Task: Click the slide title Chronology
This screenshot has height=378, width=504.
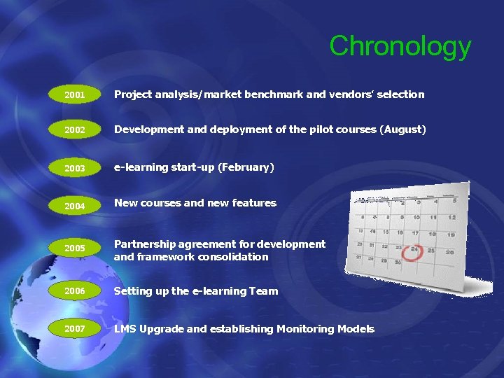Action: coord(400,46)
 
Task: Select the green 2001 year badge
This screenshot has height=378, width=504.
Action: coord(74,94)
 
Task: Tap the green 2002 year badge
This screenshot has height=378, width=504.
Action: coord(74,130)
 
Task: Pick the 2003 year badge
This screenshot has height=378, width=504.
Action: coord(74,168)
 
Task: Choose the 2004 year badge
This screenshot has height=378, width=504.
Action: coord(74,206)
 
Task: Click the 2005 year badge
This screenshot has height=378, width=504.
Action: coord(74,248)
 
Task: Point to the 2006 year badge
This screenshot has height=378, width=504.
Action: coord(74,291)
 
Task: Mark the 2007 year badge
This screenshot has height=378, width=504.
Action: coord(74,328)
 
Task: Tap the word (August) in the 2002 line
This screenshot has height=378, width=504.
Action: coord(402,130)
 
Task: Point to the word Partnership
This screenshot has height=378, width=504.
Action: coord(146,244)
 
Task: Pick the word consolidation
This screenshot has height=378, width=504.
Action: coord(233,257)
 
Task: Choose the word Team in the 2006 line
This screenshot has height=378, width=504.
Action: coord(262,291)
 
